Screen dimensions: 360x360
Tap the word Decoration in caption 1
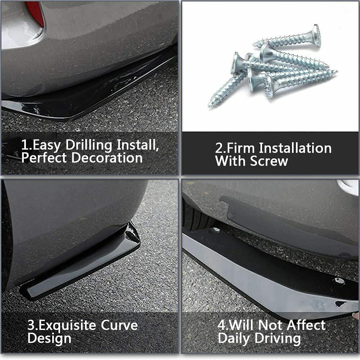pos(107,158)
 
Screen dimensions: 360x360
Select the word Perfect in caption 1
pos(45,158)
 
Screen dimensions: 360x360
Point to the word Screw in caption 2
pos(269,161)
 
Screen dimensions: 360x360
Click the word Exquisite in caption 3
pos(68,326)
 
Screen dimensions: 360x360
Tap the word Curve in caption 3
pos(120,326)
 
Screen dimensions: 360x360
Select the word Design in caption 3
pos(49,339)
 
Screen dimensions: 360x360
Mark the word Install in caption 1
pos(137,146)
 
